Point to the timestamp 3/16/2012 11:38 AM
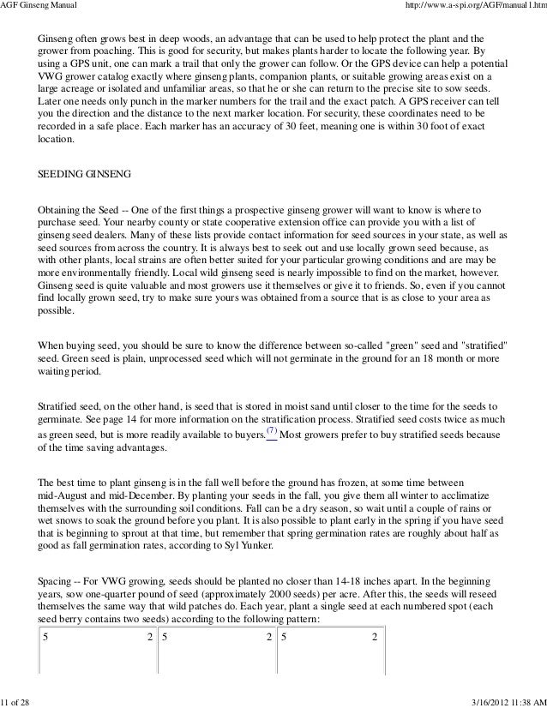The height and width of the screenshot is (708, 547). click(x=508, y=700)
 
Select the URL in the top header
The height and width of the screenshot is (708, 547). click(x=478, y=7)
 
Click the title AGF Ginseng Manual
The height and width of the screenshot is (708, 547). click(x=39, y=7)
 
